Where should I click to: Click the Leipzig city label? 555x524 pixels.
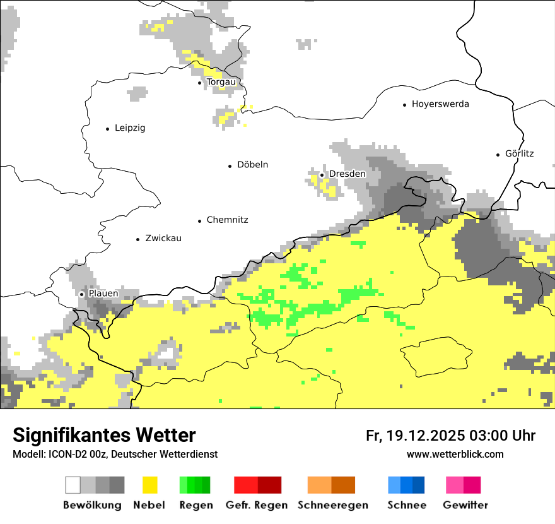[x=130, y=128]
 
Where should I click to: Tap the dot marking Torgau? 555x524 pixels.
[x=200, y=83]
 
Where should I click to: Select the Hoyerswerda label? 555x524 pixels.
[x=440, y=104]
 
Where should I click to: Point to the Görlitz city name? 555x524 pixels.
[x=519, y=153]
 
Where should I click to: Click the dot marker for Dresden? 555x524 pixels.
[x=322, y=175]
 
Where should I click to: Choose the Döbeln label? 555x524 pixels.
[x=252, y=165]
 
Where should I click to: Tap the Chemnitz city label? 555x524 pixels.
[x=227, y=220]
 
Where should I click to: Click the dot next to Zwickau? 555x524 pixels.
[x=138, y=239]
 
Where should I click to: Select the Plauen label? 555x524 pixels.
[x=103, y=294]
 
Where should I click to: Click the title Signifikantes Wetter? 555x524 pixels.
[x=104, y=436]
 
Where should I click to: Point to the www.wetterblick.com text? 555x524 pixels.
[x=455, y=454]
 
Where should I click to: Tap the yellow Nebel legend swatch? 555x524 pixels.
[x=149, y=485]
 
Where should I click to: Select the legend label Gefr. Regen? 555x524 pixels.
[x=257, y=505]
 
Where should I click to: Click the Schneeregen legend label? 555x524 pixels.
[x=332, y=505]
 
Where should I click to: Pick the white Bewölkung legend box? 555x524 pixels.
[x=73, y=485]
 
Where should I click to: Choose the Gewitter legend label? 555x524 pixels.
[x=465, y=505]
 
